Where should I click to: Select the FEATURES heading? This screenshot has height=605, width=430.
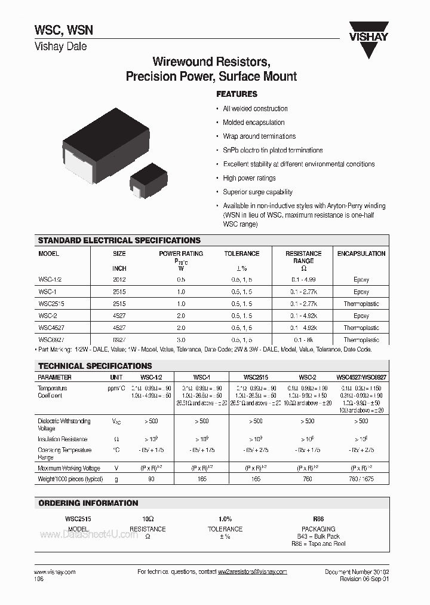click(236, 94)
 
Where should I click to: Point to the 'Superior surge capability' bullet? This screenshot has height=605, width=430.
click(257, 192)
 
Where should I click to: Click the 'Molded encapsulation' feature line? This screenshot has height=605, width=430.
click(253, 123)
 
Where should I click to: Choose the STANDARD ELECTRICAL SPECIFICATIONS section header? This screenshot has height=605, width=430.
click(119, 240)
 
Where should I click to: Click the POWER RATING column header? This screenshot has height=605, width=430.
click(181, 253)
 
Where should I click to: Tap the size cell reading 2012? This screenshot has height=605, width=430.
click(119, 279)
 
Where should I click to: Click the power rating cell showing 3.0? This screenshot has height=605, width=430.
click(181, 340)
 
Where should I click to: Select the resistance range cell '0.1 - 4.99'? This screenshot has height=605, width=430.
click(303, 279)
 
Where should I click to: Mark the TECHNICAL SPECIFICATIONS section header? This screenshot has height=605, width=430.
click(95, 365)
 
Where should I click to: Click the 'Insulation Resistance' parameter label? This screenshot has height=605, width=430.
click(63, 439)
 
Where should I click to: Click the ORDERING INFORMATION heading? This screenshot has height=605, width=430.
click(88, 503)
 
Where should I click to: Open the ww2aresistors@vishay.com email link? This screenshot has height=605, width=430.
click(252, 572)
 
